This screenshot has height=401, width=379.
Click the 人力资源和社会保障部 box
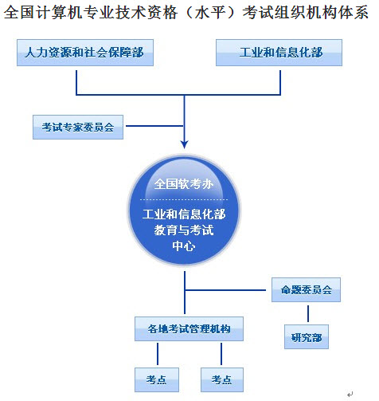84,53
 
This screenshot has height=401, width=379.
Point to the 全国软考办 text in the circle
184,183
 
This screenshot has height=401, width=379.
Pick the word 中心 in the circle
185,246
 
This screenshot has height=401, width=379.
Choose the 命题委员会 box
306,290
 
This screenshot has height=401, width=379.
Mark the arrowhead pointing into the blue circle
185,143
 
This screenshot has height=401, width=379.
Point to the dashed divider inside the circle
184,199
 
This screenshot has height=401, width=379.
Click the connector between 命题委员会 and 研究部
306,314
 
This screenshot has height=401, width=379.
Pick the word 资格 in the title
147,14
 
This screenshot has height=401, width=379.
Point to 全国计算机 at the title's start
40,14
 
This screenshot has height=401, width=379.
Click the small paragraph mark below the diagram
350,392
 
